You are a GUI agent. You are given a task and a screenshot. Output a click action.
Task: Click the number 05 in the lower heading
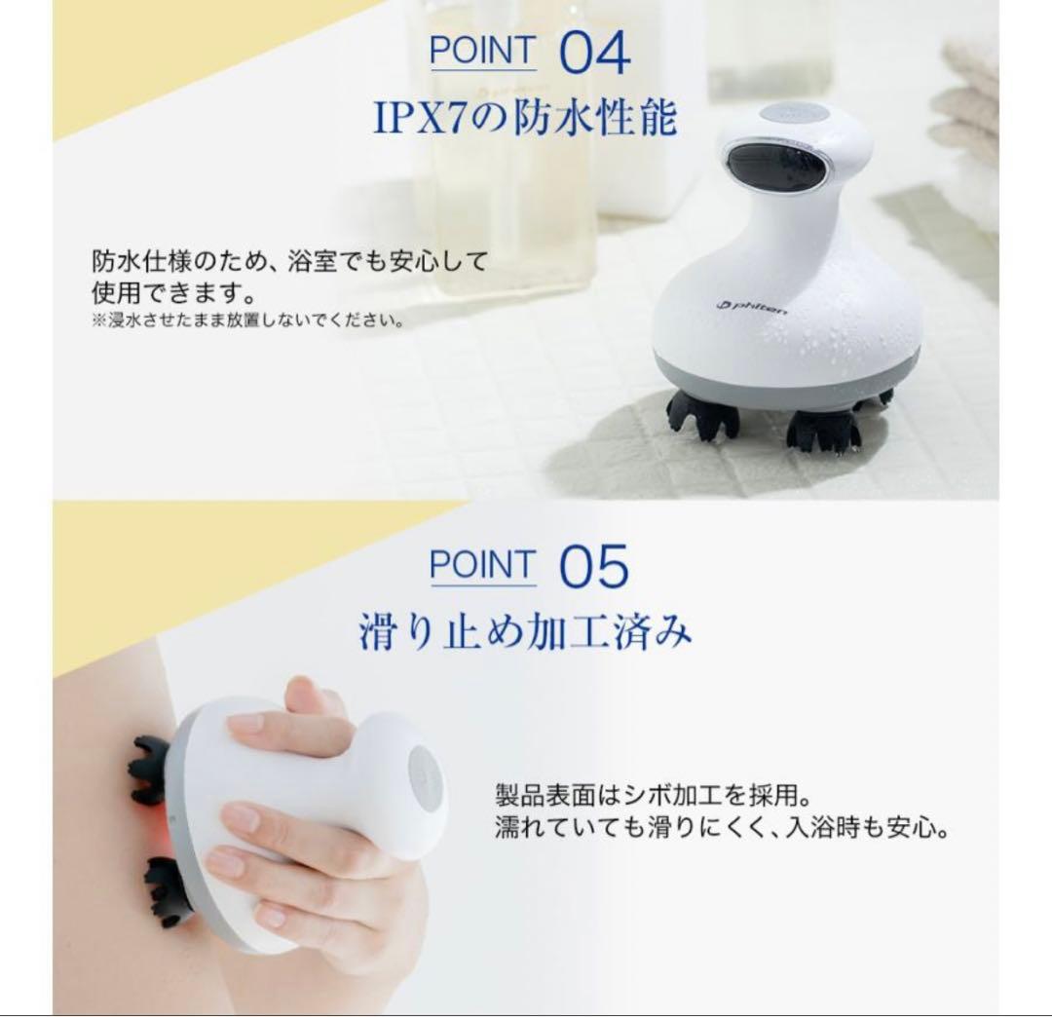[594, 567]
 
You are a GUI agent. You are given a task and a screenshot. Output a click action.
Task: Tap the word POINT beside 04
[482, 51]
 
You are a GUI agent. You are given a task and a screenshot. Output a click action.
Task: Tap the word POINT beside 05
[482, 565]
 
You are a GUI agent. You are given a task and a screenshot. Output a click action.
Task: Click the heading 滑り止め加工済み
[525, 633]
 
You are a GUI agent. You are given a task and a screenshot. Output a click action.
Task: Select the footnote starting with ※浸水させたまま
[247, 320]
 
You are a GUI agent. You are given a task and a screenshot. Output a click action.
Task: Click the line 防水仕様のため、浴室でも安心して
[288, 262]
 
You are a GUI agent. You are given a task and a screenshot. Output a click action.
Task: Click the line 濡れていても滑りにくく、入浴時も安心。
[721, 829]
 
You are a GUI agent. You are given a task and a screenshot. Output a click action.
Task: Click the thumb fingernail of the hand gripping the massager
[244, 724]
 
